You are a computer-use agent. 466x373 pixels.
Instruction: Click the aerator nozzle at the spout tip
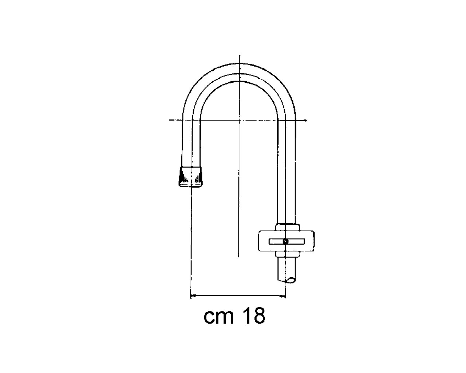tap(190, 177)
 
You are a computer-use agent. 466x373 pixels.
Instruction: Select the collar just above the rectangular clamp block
tap(287, 227)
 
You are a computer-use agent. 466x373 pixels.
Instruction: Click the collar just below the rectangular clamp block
tap(287, 254)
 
